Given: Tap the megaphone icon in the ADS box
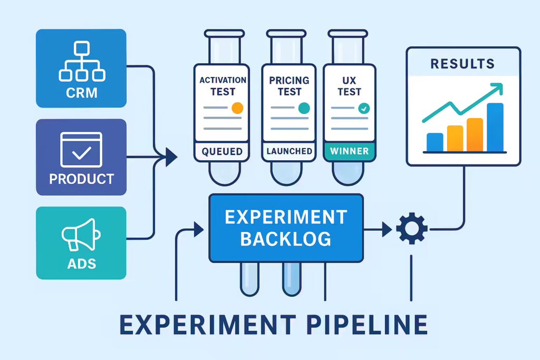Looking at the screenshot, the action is tap(81, 235).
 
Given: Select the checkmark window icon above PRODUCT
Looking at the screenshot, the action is tap(81, 150).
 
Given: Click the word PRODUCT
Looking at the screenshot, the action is tap(81, 179).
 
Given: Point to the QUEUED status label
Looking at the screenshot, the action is tap(222, 151).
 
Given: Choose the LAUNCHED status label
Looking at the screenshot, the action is tap(290, 151).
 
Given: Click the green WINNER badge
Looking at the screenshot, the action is tap(349, 151).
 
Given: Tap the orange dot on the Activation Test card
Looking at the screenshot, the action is tap(237, 108).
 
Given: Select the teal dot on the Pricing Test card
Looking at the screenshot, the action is tap(304, 108).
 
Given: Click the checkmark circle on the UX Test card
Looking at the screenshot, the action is tap(364, 109).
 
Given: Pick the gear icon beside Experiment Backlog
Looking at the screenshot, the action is tap(412, 229).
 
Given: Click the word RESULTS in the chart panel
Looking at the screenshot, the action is tap(462, 64).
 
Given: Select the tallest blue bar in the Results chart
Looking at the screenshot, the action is tap(495, 127).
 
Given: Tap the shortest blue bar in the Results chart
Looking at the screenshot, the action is tap(435, 142).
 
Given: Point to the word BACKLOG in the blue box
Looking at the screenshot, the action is tap(285, 239).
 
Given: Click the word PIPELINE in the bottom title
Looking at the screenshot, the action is tap(367, 325).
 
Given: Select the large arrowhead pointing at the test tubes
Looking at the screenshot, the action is tap(171, 157).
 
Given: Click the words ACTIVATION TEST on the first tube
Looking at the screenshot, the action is tap(223, 86).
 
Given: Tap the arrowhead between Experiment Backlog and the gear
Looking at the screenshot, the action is tap(387, 229).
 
